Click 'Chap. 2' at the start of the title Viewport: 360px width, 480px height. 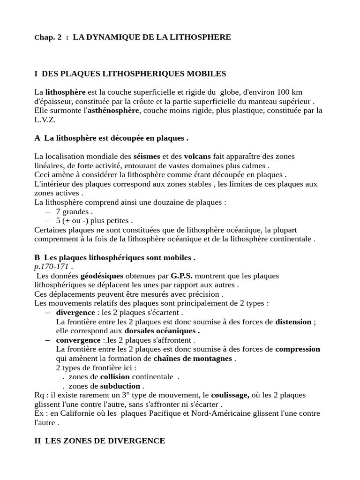(48, 37)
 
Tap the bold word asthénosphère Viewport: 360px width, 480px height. (114, 111)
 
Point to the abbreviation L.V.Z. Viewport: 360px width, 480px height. (45, 120)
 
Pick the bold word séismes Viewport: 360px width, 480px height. (147, 156)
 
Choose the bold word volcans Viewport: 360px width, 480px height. (198, 156)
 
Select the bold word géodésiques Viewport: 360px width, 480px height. (102, 276)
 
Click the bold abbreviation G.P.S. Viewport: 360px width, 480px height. (182, 276)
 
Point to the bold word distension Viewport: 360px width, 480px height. (293, 322)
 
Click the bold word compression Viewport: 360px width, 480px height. (298, 349)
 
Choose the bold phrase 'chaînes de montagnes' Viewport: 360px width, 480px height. (192, 359)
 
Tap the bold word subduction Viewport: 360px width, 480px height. (120, 386)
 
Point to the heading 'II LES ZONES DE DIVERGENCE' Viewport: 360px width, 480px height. (99, 441)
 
